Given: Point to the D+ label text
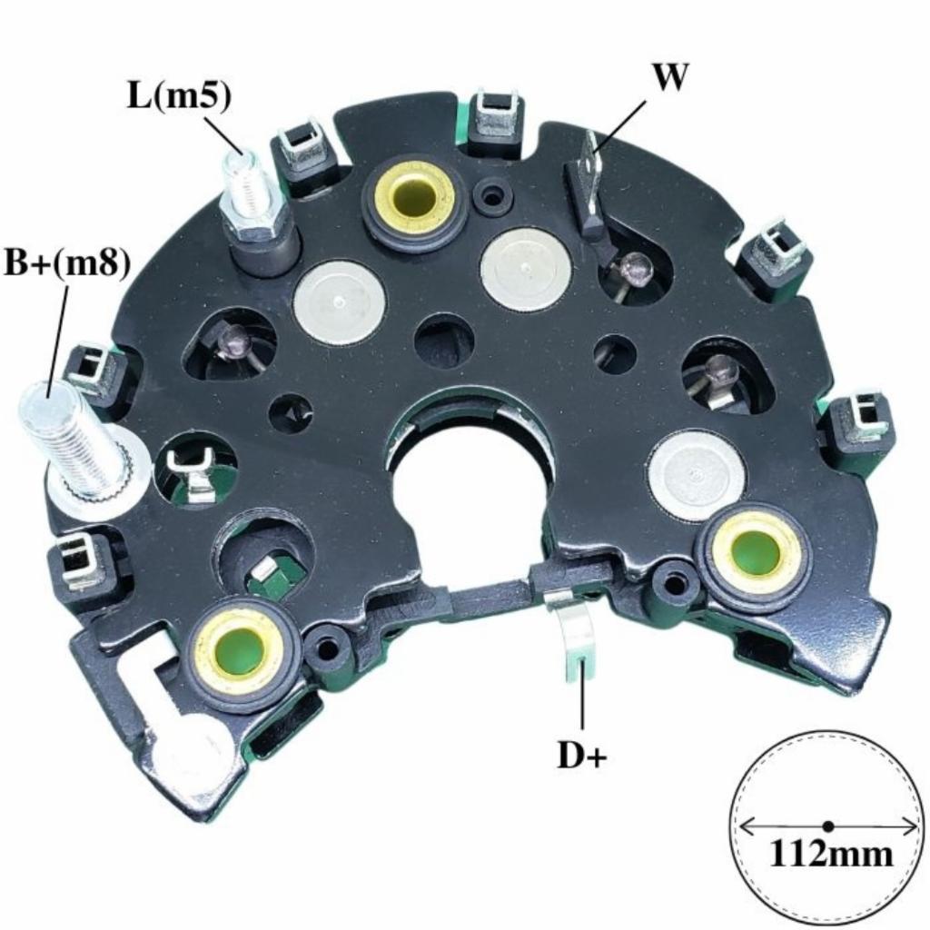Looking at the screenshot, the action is click(582, 756).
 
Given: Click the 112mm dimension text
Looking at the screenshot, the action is click(830, 854).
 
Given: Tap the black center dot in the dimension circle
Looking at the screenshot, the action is click(828, 825).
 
